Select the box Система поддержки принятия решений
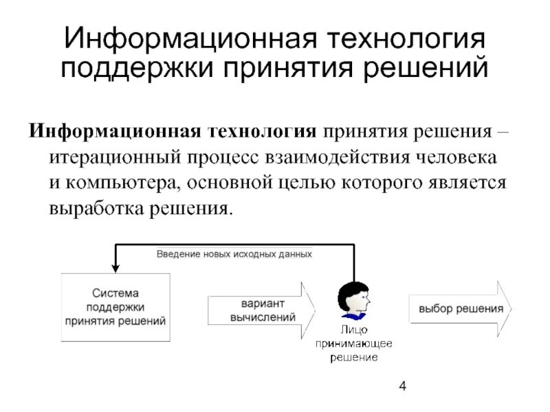click(115, 308)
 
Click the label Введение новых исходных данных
click(234, 253)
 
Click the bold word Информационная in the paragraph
click(113, 130)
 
